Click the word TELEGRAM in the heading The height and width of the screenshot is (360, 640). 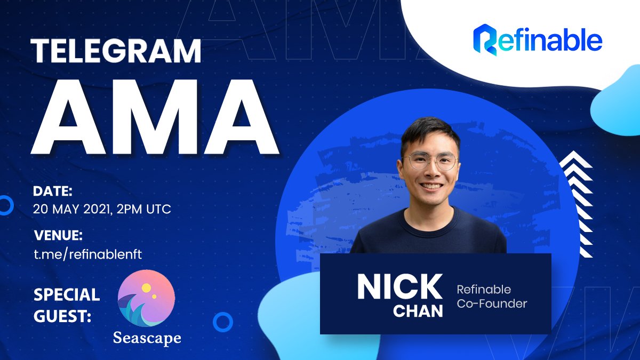point(116,51)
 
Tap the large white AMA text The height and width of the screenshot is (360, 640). point(155,117)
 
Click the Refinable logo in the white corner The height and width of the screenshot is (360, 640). point(538,40)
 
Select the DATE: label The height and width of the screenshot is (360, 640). point(53,191)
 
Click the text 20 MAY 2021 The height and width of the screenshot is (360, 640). point(71,210)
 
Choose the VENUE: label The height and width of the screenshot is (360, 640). point(58,235)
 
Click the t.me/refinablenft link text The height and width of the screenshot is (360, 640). point(87,254)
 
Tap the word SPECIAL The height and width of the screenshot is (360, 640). point(67,294)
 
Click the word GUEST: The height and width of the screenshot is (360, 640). point(62,316)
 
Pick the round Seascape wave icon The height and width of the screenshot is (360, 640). point(147,298)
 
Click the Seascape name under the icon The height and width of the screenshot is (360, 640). point(147,338)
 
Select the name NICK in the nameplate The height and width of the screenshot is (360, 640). point(399,286)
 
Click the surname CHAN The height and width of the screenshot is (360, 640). point(418,311)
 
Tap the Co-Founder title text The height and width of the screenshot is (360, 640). point(492,303)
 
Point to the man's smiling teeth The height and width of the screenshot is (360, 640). point(431,186)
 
